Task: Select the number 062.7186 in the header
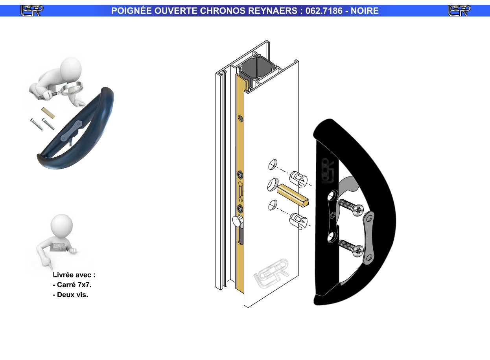[x=324, y=11]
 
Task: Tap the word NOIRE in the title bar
[x=365, y=11]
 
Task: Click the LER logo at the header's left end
[x=32, y=11]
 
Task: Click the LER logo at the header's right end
[x=459, y=11]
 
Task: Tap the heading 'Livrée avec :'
[x=74, y=275]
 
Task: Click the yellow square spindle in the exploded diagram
[x=293, y=195]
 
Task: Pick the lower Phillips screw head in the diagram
[x=358, y=251]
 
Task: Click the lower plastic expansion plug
[x=298, y=221]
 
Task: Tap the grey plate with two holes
[x=368, y=238]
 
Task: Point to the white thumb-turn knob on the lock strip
[x=237, y=221]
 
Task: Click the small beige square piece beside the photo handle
[x=48, y=113]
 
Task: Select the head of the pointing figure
[x=61, y=225]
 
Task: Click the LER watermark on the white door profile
[x=271, y=273]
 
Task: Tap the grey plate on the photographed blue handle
[x=71, y=131]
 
